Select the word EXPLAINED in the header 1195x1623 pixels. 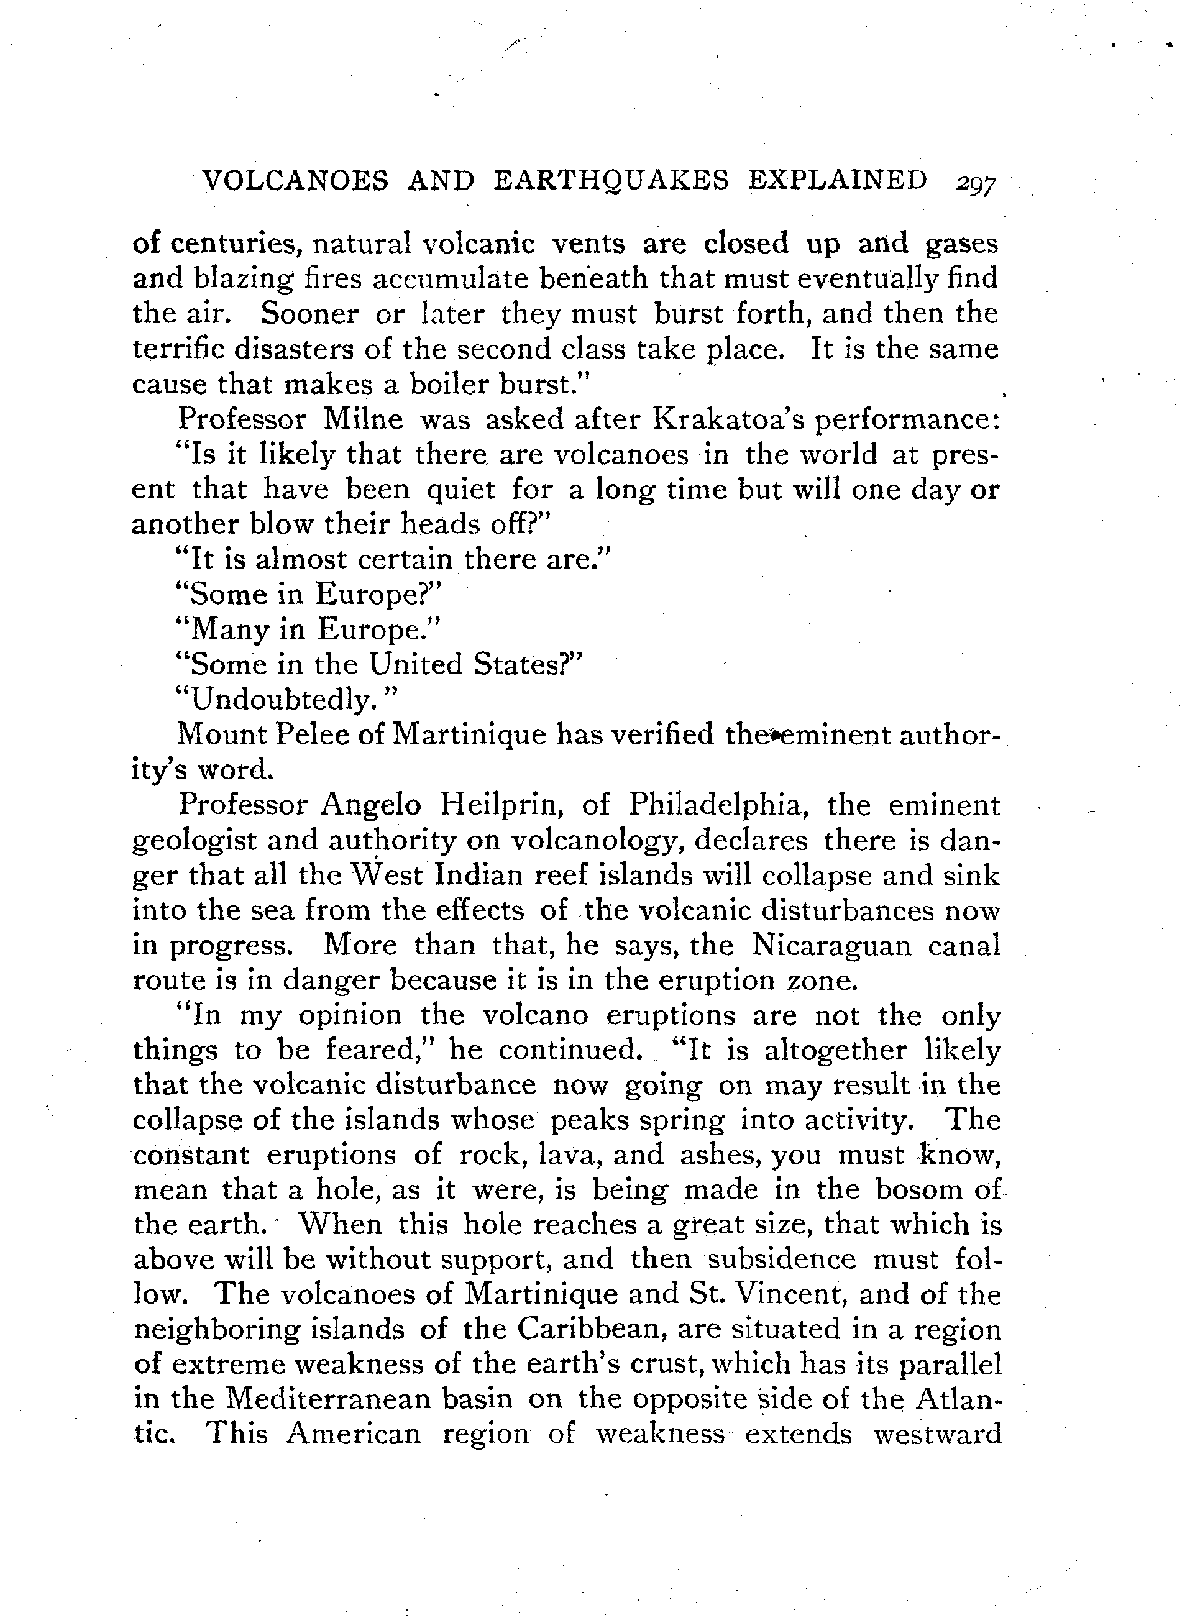point(837,180)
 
